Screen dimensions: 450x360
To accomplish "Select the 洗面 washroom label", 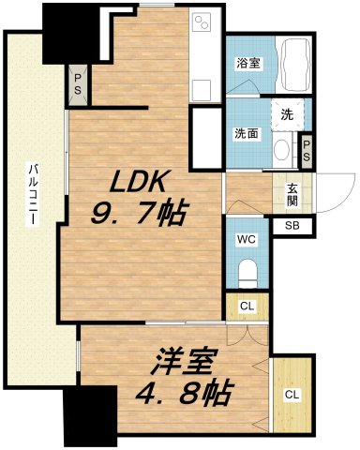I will click(x=247, y=132).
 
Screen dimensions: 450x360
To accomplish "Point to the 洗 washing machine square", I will click(x=288, y=114).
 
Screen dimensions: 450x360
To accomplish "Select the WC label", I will click(x=247, y=239).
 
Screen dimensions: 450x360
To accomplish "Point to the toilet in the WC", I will click(x=247, y=273).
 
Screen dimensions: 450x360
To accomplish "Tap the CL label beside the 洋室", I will click(x=292, y=395).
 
